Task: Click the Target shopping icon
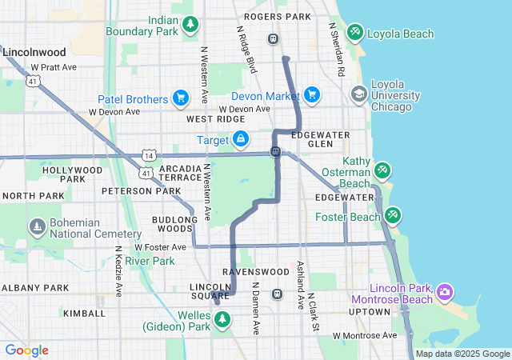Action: (x=240, y=140)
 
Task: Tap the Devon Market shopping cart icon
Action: (x=311, y=95)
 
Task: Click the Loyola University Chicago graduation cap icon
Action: (x=358, y=95)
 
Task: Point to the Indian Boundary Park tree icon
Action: (x=190, y=25)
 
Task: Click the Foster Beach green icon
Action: (x=392, y=215)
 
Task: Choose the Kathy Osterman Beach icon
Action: (x=382, y=170)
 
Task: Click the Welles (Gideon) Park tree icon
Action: (x=223, y=320)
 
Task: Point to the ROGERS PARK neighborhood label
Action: (x=277, y=16)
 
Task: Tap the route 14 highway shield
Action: (x=150, y=154)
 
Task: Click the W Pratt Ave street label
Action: (x=54, y=67)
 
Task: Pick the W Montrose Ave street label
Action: (x=365, y=335)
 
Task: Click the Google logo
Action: (x=26, y=350)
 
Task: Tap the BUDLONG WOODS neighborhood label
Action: (x=173, y=223)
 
